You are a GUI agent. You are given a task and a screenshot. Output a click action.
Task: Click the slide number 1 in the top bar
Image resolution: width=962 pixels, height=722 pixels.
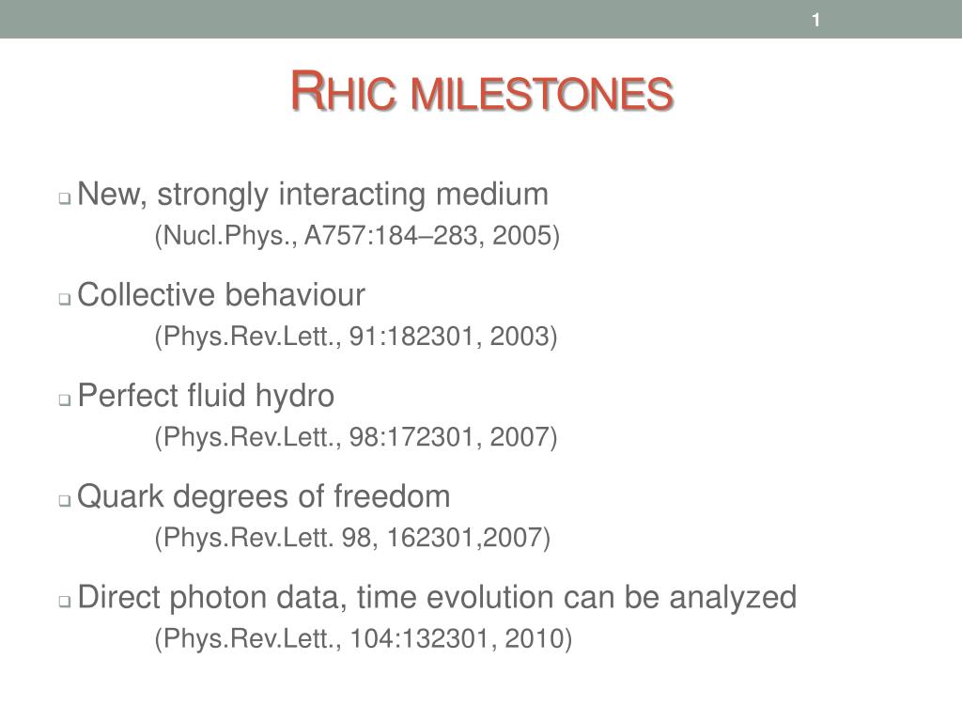point(816,21)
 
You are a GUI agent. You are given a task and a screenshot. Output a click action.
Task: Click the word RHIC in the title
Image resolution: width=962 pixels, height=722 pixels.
point(344,91)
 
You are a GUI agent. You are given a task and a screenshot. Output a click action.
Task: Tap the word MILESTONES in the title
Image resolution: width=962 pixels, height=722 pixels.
point(542,94)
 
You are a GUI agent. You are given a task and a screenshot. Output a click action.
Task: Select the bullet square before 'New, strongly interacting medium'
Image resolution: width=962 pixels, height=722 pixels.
point(65,198)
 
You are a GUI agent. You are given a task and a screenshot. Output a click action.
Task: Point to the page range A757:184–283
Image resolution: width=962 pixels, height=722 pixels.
point(391,235)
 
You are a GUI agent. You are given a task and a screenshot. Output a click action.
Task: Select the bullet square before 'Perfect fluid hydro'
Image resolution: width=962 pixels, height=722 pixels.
point(65,400)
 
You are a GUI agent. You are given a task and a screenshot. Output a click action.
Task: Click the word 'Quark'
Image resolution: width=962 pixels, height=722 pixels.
point(121,496)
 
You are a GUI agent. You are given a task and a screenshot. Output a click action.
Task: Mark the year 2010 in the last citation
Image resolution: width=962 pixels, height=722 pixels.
point(534,638)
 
